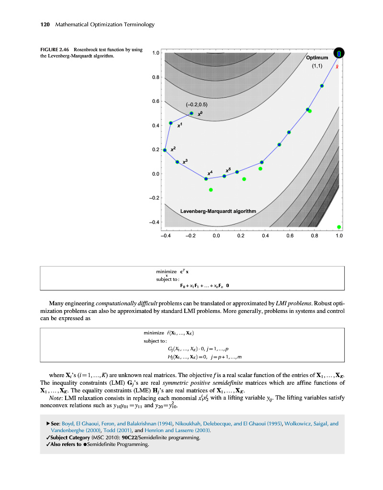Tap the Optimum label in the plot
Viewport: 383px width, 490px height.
317,58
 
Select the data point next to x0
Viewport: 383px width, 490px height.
191,113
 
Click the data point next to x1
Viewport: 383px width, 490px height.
171,123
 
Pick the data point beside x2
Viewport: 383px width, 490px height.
165,150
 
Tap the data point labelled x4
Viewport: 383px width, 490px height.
206,178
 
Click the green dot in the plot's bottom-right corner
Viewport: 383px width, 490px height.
339,227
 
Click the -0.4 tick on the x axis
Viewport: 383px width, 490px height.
165,235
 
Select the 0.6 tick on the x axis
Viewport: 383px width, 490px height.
290,235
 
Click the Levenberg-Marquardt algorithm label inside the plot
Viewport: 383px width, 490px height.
218,211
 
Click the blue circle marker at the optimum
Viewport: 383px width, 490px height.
339,53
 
